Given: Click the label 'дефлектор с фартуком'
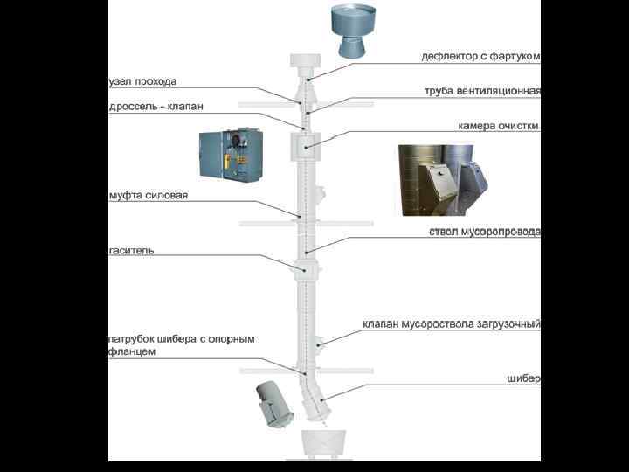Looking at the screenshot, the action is (x=480, y=57).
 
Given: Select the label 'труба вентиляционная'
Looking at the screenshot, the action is (x=482, y=91).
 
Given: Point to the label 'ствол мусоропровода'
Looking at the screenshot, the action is (x=484, y=233).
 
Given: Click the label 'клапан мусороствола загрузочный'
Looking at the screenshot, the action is (x=452, y=324).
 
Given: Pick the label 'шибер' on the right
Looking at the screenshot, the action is (x=523, y=379).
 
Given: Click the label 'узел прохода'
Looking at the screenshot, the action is (x=142, y=81).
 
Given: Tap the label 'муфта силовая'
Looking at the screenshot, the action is (x=149, y=196).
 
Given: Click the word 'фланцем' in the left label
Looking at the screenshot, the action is (x=133, y=351).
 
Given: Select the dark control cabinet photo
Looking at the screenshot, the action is (x=231, y=156).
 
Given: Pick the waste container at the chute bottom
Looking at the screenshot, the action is (x=324, y=443).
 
